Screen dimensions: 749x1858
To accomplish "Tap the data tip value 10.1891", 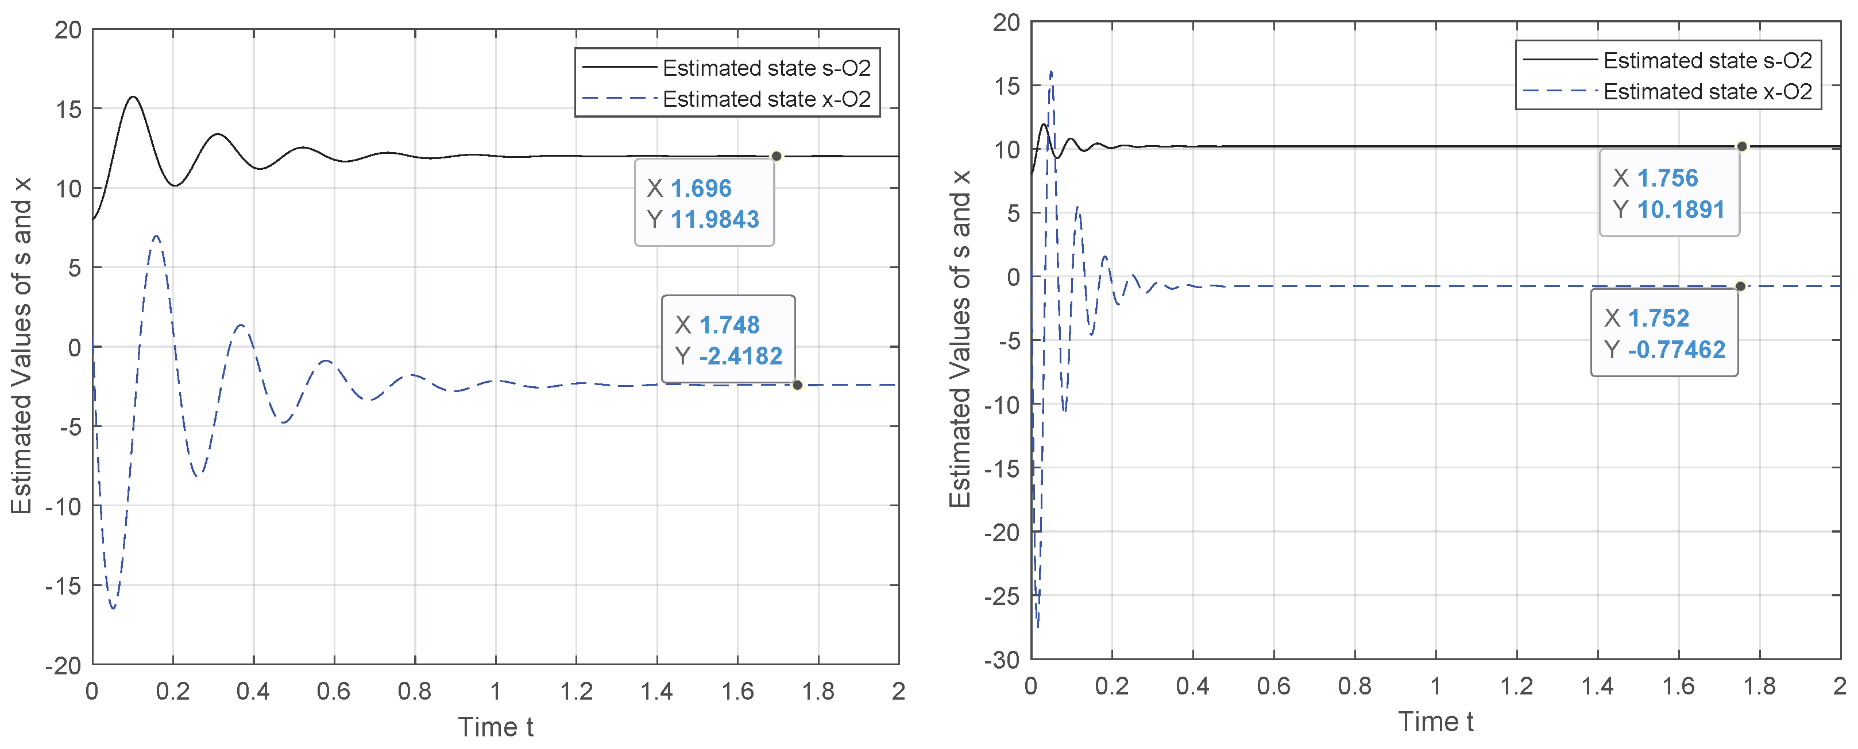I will tap(1681, 210).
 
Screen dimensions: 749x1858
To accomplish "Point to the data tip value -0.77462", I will tap(1677, 350).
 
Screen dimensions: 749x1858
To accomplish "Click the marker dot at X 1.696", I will tap(776, 157).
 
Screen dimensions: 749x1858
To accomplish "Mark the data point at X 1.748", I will tap(797, 385).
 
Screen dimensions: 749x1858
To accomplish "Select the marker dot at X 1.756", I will tap(1742, 146).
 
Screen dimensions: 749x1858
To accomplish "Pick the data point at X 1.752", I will tap(1740, 286).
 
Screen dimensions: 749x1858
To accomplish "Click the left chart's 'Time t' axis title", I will tap(496, 727).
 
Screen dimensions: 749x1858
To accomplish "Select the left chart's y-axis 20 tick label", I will tap(68, 30).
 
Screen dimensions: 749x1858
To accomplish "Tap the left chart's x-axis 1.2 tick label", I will tap(575, 692).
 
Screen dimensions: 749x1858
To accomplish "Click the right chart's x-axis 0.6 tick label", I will tap(1274, 685).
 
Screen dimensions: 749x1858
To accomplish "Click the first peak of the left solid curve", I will tap(133, 96).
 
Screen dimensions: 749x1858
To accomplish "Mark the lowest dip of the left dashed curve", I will tap(113, 608).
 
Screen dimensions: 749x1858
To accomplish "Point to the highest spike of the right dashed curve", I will tap(1051, 71).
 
